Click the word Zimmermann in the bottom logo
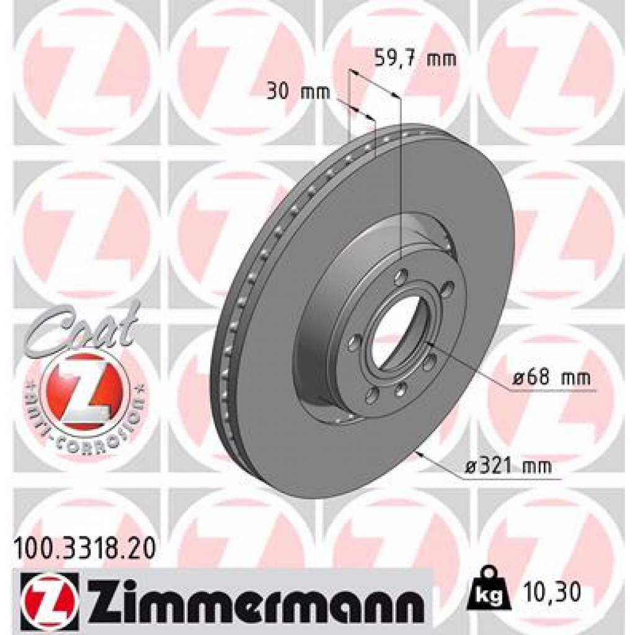(x=254, y=597)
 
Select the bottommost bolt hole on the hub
(x=372, y=396)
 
